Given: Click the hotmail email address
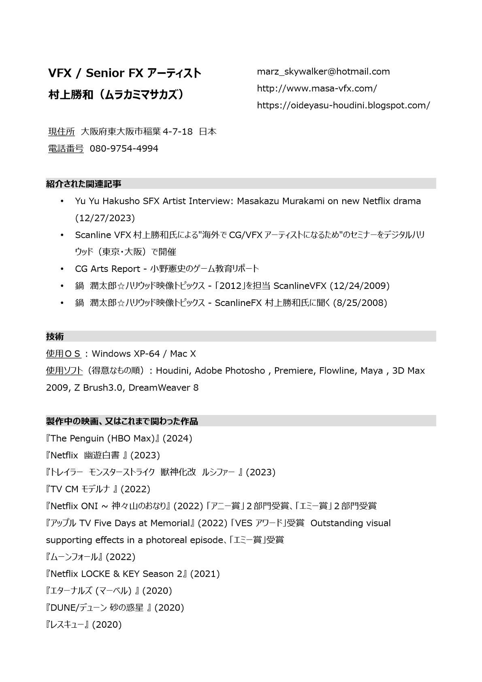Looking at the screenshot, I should pyautogui.click(x=323, y=72).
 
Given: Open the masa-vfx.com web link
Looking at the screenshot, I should pyautogui.click(x=317, y=88).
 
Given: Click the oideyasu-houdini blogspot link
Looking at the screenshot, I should pyautogui.click(x=343, y=105).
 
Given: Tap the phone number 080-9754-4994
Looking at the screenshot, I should pyautogui.click(x=124, y=149).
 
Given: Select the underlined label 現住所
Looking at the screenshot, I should pyautogui.click(x=62, y=132).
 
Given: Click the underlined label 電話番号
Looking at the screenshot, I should pyautogui.click(x=66, y=149).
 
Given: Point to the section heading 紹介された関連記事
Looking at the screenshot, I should pyautogui.click(x=84, y=184).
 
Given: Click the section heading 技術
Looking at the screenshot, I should pyautogui.click(x=55, y=337).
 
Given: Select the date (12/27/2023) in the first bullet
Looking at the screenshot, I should pyautogui.click(x=105, y=218).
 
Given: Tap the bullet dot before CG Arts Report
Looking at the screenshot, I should pyautogui.click(x=62, y=269).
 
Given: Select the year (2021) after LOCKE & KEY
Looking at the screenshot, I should pyautogui.click(x=205, y=574).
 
